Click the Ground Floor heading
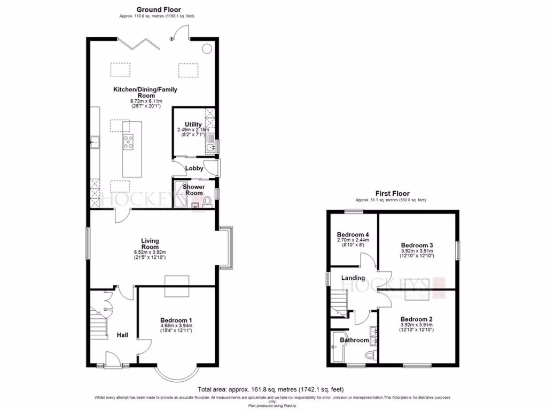pos(159,9)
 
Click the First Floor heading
pos(392,193)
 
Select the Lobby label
pos(194,168)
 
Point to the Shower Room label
pos(193,190)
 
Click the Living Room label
pos(150,244)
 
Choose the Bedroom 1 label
pos(176,319)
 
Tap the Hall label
pos(122,335)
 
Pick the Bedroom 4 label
pos(353,234)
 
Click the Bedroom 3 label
pos(417,245)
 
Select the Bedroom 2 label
pos(417,319)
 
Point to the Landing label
pos(353,278)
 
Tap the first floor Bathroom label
pos(355,340)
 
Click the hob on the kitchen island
pos(128,141)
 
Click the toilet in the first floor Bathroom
pos(369,355)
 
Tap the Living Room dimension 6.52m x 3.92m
pos(150,253)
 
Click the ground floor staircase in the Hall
pos(99,320)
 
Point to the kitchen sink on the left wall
pos(95,142)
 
